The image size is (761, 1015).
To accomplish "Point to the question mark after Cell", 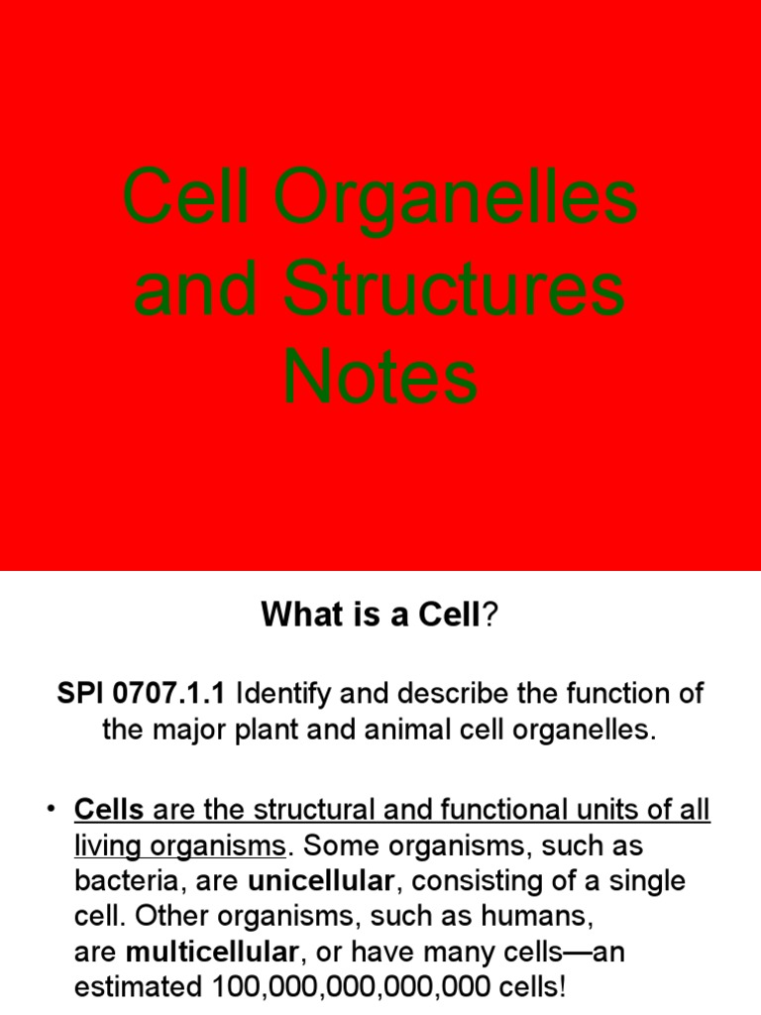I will (x=487, y=617).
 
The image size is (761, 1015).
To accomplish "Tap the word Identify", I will (x=286, y=694).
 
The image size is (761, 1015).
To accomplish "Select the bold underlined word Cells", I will (x=109, y=811).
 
